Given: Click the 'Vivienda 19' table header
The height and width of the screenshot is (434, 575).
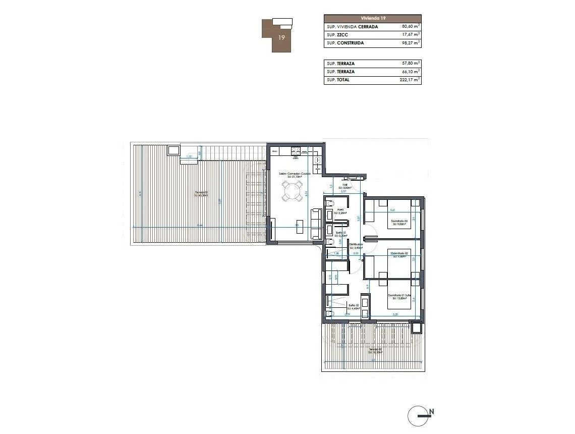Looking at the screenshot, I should tap(372, 18).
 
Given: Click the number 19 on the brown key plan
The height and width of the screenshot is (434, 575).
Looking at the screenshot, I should tap(282, 37).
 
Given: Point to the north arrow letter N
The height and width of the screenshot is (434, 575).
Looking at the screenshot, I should tap(432, 412).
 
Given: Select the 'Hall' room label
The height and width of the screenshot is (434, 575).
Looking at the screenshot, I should tap(346, 185).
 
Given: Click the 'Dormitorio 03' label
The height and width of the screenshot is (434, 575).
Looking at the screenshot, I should tap(398, 221).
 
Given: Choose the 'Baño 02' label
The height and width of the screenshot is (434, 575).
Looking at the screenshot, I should tap(353, 305).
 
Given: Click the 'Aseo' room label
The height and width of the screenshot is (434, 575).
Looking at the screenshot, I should tap(340, 210).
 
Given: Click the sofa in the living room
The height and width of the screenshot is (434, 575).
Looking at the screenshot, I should tap(317, 224).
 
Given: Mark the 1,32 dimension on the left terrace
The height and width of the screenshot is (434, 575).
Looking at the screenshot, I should tap(189, 157).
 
